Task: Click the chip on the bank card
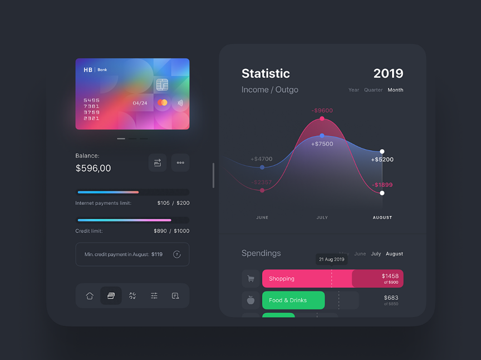click(162, 85)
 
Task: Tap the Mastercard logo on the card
click(163, 103)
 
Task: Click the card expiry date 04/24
click(140, 103)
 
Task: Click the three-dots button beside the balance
click(180, 162)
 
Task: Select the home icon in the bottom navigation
click(90, 295)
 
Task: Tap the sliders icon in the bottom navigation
click(154, 295)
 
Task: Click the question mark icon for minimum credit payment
click(177, 254)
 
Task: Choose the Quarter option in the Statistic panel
click(373, 90)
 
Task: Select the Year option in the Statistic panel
click(354, 90)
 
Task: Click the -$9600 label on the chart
click(322, 110)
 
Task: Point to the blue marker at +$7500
click(322, 136)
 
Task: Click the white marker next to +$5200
click(382, 151)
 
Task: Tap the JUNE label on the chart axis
click(262, 218)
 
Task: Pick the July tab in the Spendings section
click(376, 254)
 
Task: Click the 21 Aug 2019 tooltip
click(331, 259)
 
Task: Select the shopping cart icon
click(251, 279)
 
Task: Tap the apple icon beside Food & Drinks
click(251, 300)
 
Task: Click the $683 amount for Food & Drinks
click(391, 298)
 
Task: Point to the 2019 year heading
click(388, 73)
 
